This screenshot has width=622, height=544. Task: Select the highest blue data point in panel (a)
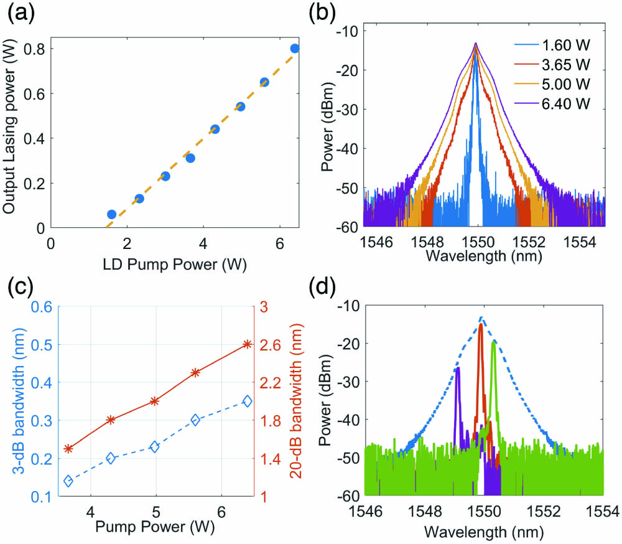[295, 49]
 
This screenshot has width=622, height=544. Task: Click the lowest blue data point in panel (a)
[111, 214]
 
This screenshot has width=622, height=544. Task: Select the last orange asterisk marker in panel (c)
[247, 344]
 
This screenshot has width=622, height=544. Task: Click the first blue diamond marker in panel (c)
[68, 481]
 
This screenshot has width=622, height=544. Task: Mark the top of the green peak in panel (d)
[494, 342]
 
